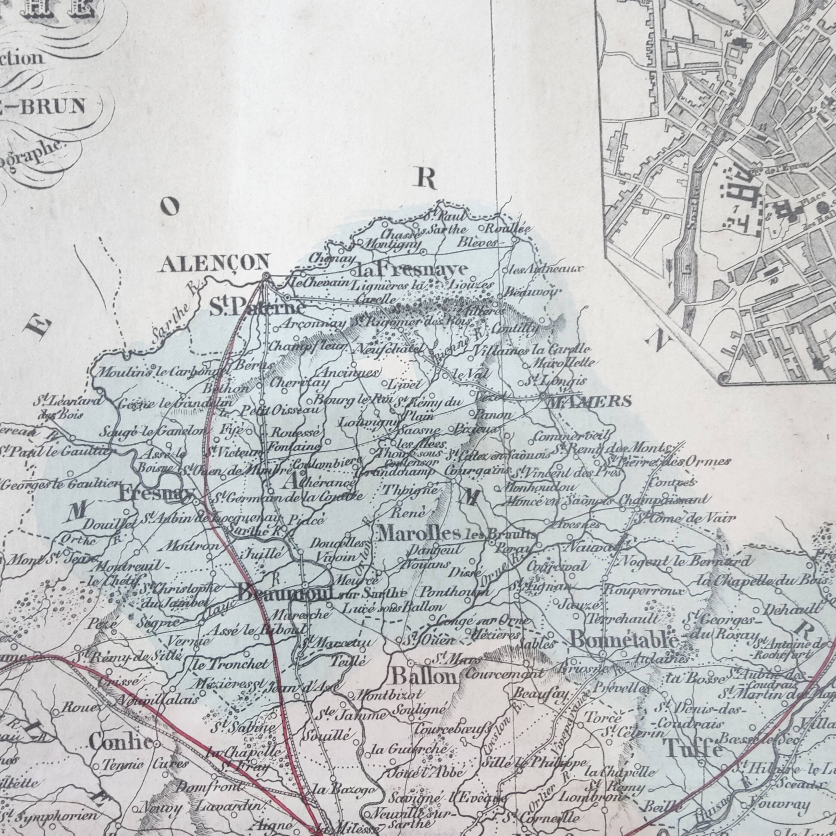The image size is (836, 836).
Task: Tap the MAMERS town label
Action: pyautogui.click(x=589, y=402)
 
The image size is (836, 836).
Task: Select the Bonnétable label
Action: pyautogui.click(x=623, y=640)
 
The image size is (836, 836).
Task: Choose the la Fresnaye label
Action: pyautogui.click(x=411, y=270)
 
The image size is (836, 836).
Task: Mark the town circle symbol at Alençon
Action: pyautogui.click(x=266, y=275)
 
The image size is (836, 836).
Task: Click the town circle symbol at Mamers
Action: pyautogui.click(x=543, y=395)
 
